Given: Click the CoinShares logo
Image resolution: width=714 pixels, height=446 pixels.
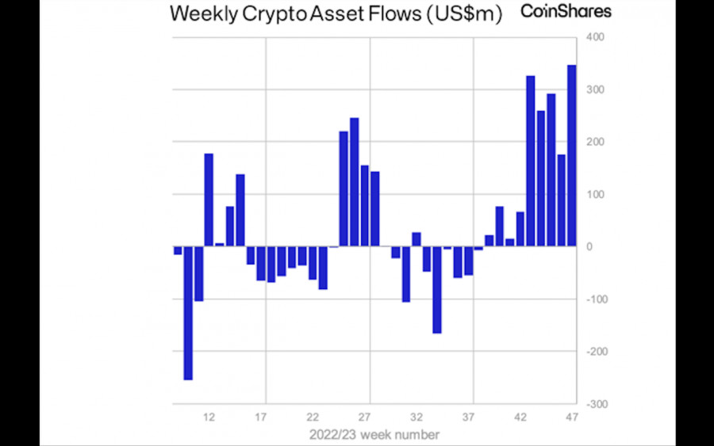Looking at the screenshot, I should click(x=566, y=11).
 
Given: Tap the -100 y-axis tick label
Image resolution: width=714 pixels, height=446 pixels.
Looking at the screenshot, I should click(x=595, y=299).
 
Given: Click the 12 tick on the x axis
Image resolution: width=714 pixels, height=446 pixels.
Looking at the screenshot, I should click(x=209, y=417).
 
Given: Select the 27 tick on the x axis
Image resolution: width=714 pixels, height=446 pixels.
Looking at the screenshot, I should click(x=365, y=417).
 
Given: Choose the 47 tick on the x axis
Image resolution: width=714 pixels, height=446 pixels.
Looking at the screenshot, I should click(x=572, y=417).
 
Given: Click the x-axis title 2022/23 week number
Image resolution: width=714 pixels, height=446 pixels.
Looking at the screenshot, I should click(x=374, y=434).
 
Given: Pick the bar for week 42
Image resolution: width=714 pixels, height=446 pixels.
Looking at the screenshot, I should click(x=520, y=229).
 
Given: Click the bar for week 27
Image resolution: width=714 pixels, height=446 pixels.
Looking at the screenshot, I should click(x=365, y=206).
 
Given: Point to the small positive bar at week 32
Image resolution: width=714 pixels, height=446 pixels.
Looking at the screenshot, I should click(x=416, y=239).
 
